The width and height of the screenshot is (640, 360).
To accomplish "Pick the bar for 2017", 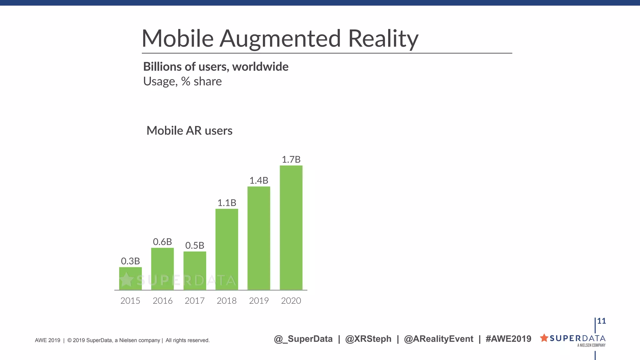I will click(195, 270).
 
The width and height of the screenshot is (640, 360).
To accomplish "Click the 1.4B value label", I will click(259, 180).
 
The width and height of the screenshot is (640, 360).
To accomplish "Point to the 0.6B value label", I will click(162, 242).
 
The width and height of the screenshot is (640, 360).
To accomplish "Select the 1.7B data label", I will click(291, 159).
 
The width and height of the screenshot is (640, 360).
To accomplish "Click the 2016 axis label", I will click(162, 301).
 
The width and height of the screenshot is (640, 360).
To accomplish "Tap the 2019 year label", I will click(259, 301).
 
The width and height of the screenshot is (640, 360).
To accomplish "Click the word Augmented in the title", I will click(280, 38).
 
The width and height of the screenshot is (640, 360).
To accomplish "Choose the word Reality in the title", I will click(383, 38).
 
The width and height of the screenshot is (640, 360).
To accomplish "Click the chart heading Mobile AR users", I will click(189, 131).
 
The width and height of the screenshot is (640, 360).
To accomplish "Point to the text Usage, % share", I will click(182, 81).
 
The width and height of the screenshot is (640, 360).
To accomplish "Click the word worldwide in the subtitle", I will click(260, 67).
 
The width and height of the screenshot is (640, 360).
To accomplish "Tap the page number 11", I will click(601, 321).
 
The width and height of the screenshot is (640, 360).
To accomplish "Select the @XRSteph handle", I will click(368, 339).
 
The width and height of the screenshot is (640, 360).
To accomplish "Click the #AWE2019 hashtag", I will click(508, 339).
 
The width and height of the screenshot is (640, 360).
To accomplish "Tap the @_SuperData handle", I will click(303, 339).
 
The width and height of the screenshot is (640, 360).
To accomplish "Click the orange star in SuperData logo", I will click(544, 338).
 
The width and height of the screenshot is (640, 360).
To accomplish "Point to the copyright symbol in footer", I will click(69, 340).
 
